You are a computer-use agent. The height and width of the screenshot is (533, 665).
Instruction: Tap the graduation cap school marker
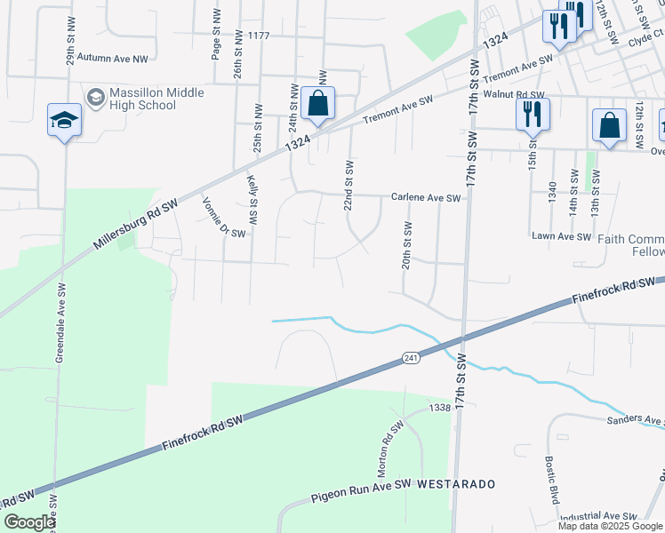pos(64,120)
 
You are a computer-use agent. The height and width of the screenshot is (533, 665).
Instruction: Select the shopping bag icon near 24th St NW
pos(317,103)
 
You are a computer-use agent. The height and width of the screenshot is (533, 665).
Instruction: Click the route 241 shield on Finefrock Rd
pos(410,357)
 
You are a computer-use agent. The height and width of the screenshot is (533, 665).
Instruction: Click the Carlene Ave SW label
pos(426,198)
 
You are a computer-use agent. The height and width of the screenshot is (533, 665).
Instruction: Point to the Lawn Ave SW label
pos(561,236)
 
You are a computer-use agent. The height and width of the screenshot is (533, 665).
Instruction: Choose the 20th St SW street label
pos(406,245)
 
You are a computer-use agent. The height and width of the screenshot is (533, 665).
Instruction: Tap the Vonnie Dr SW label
pos(223,217)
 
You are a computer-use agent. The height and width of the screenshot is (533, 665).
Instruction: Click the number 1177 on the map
pos(259,36)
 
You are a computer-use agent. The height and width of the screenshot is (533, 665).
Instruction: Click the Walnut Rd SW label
pos(513,94)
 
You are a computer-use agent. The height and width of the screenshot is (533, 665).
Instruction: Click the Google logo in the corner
pos(28,522)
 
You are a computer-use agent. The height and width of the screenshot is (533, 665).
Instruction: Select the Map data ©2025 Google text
pos(610,526)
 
